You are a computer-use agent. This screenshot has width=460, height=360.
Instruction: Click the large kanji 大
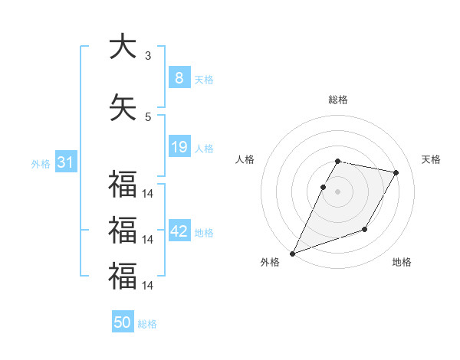(122, 47)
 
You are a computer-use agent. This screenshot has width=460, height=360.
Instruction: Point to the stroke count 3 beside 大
(148, 55)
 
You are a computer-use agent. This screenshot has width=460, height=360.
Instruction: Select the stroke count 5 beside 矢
(148, 116)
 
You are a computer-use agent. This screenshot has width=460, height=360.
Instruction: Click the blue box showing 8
(179, 78)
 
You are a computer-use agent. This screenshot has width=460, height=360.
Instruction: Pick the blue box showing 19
(179, 147)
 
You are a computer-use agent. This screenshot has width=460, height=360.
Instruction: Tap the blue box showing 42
(179, 231)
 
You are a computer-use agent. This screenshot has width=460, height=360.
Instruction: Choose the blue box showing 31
(65, 162)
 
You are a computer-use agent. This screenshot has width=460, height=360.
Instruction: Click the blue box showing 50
(123, 322)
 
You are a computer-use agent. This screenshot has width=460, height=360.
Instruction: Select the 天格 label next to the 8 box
(204, 80)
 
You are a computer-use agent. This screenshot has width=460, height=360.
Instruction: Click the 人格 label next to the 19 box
(204, 149)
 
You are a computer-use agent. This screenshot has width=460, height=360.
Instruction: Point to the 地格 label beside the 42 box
(205, 233)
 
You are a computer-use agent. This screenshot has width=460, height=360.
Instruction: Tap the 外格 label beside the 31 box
(40, 164)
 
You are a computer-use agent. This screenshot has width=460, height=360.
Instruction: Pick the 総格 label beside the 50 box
(147, 324)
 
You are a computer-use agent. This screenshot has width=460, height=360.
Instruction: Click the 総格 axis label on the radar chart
(338, 100)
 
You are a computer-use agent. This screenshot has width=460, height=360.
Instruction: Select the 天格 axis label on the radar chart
(431, 159)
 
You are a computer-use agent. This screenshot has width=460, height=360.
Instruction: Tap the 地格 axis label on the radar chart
(402, 263)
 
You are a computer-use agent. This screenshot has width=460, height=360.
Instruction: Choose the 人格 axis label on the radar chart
(245, 159)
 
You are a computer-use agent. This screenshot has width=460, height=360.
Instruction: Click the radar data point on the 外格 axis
(293, 254)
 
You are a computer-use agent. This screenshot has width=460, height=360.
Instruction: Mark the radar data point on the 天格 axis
(396, 173)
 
